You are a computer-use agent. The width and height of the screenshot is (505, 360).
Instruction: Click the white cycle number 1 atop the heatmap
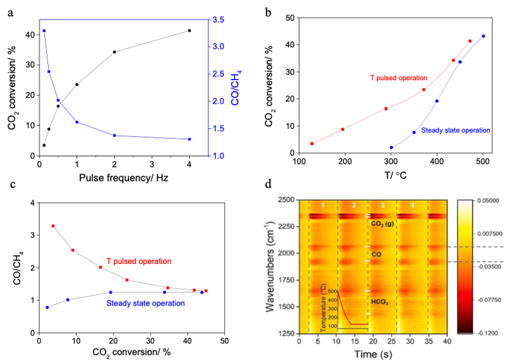322,206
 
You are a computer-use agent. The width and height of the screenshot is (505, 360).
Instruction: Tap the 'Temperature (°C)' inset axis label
324,309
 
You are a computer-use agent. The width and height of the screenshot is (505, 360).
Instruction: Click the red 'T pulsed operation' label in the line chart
399,78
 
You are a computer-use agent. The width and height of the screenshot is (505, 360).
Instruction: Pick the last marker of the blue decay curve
189,139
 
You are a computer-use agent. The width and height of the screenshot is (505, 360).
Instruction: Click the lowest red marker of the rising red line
312,144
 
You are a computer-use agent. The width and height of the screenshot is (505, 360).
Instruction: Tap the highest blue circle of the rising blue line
484,36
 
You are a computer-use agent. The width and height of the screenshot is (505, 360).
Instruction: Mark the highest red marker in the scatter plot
52,225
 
